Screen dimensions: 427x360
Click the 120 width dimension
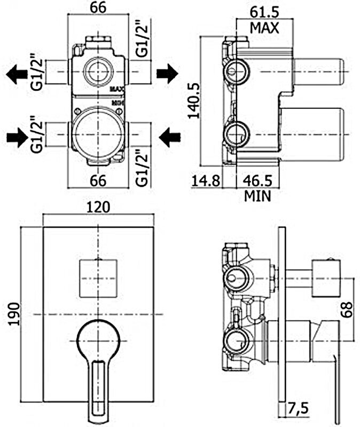(98, 207)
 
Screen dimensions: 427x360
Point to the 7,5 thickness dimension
(298, 409)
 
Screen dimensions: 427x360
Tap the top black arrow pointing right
(167, 74)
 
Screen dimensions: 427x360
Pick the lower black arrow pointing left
(170, 138)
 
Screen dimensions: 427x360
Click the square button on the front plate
(98, 278)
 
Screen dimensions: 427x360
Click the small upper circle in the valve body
(98, 70)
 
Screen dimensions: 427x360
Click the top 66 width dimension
(97, 8)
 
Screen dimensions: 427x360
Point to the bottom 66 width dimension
(97, 180)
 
